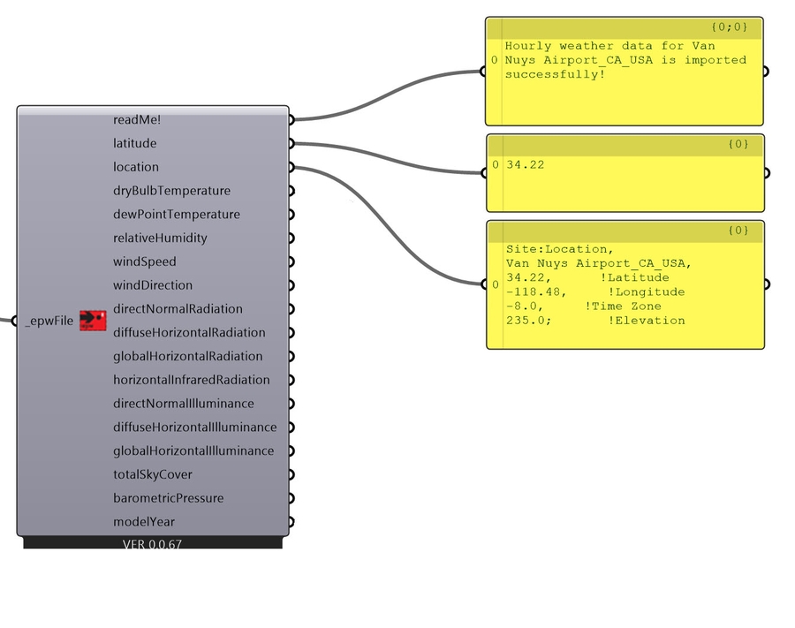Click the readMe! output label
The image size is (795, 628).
(137, 119)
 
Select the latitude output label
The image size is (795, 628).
(135, 143)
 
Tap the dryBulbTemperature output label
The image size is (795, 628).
(171, 191)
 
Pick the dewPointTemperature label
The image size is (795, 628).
(177, 215)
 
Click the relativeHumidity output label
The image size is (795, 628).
(160, 238)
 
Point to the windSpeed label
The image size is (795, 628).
(145, 262)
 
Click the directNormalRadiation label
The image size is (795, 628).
(178, 309)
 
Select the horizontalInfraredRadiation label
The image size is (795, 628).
(192, 380)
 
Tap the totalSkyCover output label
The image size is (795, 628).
(153, 474)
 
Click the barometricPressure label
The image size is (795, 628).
(169, 498)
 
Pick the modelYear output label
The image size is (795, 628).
(144, 522)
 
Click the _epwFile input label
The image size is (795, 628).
(49, 322)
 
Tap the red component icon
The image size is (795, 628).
(93, 321)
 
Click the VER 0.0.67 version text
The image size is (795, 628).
(152, 544)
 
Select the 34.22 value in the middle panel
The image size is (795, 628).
(521, 164)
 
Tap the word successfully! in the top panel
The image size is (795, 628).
(555, 74)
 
